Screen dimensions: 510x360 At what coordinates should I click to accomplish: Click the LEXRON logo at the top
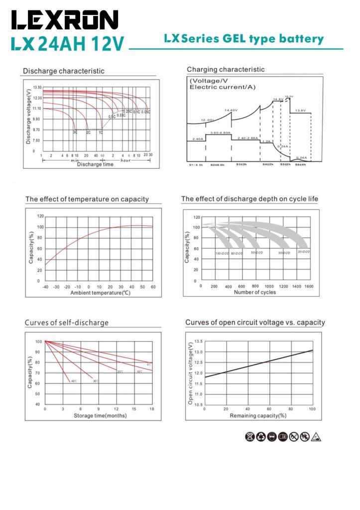tap(65, 20)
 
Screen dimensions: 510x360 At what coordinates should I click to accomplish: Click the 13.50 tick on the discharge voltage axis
tap(37, 88)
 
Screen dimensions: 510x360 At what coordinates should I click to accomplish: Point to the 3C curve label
tap(75, 132)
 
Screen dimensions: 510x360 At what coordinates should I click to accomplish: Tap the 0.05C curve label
tap(145, 112)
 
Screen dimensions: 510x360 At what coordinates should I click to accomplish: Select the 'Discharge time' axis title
tap(95, 164)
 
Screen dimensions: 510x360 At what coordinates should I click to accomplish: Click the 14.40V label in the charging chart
tap(231, 110)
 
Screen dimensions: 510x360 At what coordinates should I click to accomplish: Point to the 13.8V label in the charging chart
tap(300, 111)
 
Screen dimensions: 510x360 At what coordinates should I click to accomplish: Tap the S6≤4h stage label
tap(300, 164)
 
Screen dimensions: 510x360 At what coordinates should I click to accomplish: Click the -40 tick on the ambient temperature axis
tap(45, 287)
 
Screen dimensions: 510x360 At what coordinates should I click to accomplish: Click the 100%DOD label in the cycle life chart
tap(222, 254)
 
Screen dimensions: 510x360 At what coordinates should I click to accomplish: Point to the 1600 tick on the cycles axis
tap(309, 286)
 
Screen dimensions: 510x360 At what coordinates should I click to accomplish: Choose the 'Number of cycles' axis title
tap(255, 292)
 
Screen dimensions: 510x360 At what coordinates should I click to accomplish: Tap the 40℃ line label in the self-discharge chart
tap(74, 381)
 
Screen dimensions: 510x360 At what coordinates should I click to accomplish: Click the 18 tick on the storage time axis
tap(152, 409)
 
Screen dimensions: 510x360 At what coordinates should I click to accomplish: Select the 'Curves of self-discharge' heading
tap(67, 323)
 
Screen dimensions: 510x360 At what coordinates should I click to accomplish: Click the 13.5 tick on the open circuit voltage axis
tap(198, 341)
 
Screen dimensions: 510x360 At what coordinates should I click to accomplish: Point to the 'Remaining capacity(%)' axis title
tap(258, 415)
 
